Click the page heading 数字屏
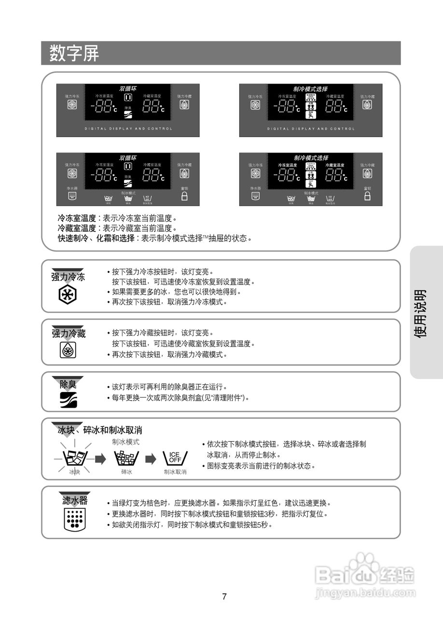(x=74, y=53)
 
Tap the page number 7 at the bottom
(x=224, y=596)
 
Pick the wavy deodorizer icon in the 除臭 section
(x=68, y=399)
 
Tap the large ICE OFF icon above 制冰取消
(x=175, y=457)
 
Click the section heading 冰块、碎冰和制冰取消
(x=100, y=430)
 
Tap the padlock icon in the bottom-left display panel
(x=184, y=196)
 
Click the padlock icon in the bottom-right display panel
(x=367, y=196)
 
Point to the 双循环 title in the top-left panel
(x=128, y=89)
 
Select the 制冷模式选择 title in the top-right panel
(x=310, y=89)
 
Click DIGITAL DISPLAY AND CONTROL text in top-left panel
(x=128, y=129)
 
